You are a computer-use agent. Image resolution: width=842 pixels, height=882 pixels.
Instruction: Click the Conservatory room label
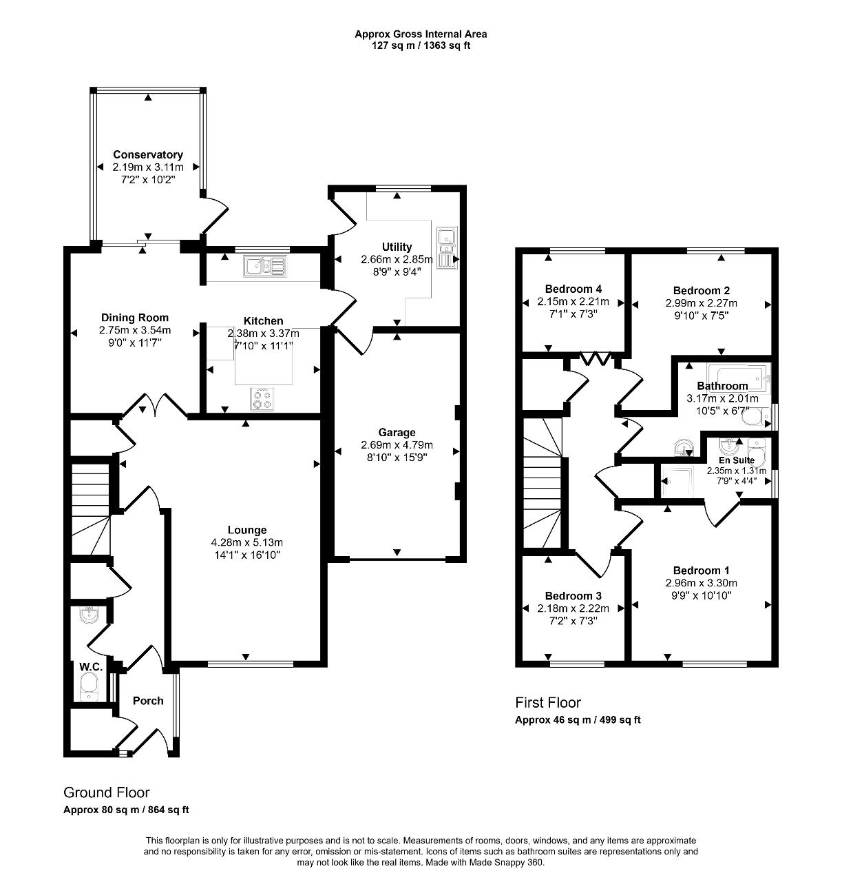pyautogui.click(x=147, y=154)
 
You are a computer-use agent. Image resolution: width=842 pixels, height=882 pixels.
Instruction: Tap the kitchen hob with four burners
pyautogui.click(x=262, y=399)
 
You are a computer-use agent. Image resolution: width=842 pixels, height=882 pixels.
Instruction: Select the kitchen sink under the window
pyautogui.click(x=265, y=265)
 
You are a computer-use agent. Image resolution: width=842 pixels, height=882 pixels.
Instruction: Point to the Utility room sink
pyautogui.click(x=447, y=248)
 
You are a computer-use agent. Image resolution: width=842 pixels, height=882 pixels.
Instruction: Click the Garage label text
pyautogui.click(x=397, y=433)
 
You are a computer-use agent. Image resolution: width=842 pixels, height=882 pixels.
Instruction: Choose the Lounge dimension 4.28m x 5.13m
pyautogui.click(x=247, y=542)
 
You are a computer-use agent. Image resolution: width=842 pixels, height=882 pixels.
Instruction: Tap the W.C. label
pyautogui.click(x=91, y=666)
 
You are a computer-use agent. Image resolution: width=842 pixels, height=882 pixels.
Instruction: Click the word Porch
pyautogui.click(x=148, y=700)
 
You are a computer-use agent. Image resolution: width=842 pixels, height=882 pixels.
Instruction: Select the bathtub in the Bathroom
pyautogui.click(x=737, y=378)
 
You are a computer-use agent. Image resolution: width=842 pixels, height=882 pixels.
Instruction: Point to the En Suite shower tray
pyautogui.click(x=677, y=480)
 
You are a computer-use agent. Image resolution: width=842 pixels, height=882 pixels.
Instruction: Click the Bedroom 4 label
pyautogui.click(x=573, y=289)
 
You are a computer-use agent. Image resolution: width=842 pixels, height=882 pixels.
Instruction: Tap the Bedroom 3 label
pyautogui.click(x=573, y=595)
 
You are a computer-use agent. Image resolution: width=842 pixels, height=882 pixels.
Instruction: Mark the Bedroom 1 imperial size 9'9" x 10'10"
pyautogui.click(x=701, y=595)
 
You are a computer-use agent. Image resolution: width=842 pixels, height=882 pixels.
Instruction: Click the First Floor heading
pyautogui.click(x=547, y=703)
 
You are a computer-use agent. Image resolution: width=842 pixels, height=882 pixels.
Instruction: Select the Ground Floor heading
pyautogui.click(x=107, y=792)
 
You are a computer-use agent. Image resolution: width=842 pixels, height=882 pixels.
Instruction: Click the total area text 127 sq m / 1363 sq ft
pyautogui.click(x=421, y=45)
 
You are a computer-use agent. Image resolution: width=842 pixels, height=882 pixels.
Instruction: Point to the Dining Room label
pyautogui.click(x=134, y=317)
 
